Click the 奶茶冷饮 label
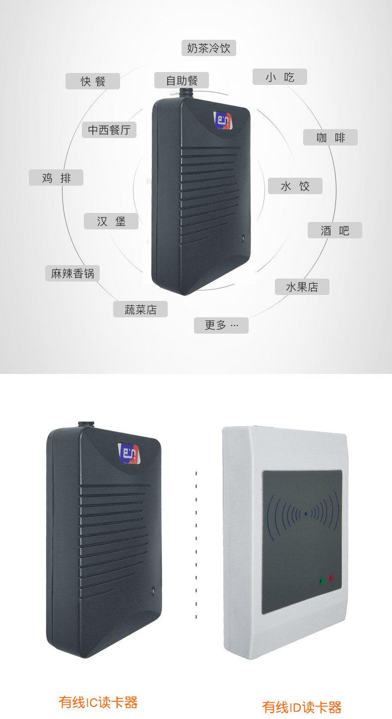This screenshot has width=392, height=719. coord(208,48)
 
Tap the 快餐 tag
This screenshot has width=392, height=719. coord(93,81)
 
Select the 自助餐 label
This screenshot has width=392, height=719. coord(181,80)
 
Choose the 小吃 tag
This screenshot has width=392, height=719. coord(280,77)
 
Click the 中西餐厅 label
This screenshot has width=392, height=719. coord(109,130)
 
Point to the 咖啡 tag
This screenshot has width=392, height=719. coord(330,138)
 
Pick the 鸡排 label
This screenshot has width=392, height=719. coord(56,178)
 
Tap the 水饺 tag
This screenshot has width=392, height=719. coord(295,186)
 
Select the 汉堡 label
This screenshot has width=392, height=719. coord(111,221)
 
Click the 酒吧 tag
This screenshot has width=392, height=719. coord(335,230)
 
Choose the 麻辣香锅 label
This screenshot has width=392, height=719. coord(72,273)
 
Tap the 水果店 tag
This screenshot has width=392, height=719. coord(302,287)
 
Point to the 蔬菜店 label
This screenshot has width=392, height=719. coord(140,309)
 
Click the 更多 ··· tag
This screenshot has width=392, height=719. coord(221,325)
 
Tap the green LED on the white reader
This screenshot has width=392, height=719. coord(321,580)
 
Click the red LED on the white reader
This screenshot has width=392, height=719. coord(331,578)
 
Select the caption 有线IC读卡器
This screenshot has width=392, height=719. coord(98,702)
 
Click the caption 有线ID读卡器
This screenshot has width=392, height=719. coord(302,707)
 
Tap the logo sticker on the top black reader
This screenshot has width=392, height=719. coord(223,121)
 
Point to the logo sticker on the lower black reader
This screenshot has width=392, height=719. coord(129,452)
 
